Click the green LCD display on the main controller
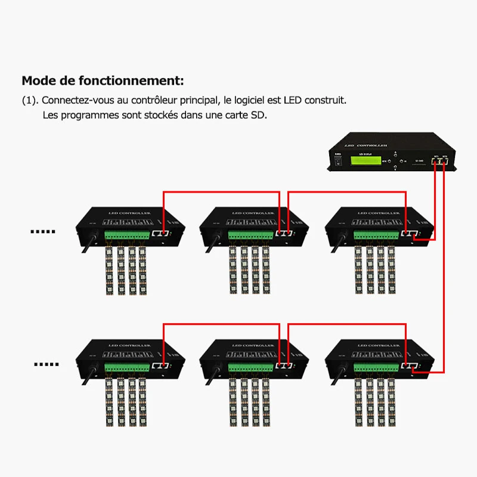363,159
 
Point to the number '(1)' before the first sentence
30,100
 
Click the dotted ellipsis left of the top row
42,232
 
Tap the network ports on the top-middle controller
285,234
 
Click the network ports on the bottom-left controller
160,366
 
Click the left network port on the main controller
436,161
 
